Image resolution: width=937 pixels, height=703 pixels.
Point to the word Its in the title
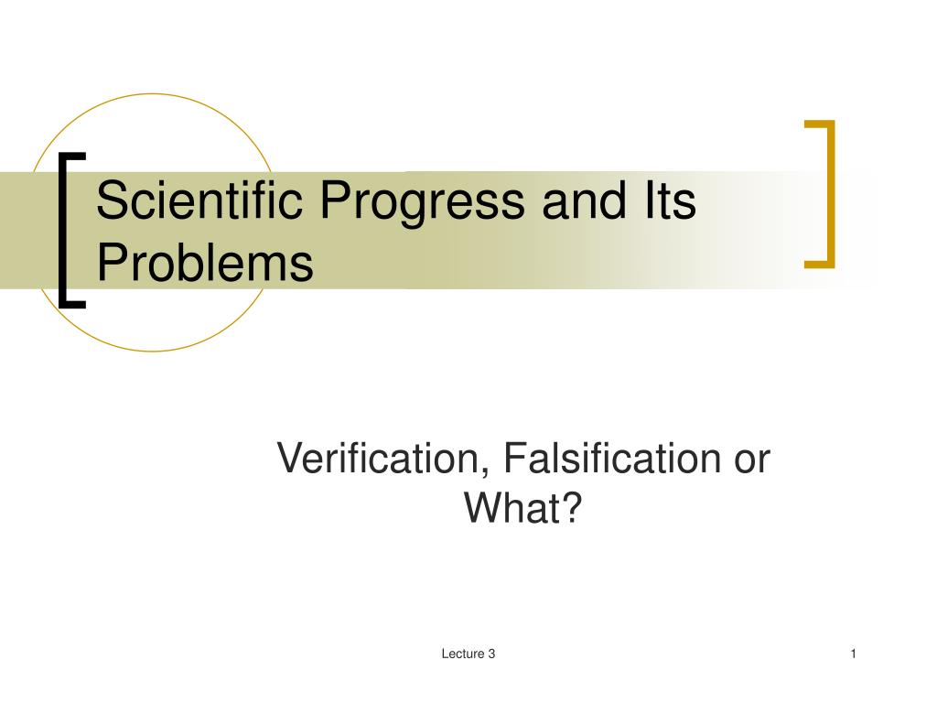(x=671, y=201)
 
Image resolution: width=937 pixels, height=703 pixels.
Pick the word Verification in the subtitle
(x=380, y=458)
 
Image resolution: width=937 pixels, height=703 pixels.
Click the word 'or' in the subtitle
(x=750, y=458)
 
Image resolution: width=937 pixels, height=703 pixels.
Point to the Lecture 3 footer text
(x=468, y=654)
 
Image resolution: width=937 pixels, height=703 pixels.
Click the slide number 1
(x=853, y=654)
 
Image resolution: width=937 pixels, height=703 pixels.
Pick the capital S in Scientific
(x=111, y=201)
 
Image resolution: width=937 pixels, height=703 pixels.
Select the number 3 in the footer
(x=491, y=654)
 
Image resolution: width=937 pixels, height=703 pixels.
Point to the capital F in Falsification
(x=509, y=458)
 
